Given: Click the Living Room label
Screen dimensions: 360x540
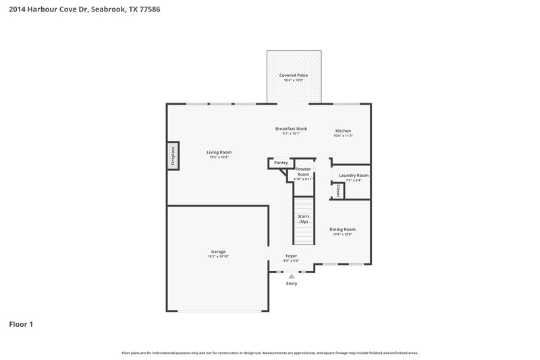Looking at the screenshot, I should click(219, 152).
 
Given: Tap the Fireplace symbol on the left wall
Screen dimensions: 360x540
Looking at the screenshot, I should click(173, 155).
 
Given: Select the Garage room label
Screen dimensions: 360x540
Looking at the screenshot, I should click(218, 252).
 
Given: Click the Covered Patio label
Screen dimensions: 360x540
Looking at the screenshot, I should click(293, 76).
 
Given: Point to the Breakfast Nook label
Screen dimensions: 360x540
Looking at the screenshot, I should click(291, 129).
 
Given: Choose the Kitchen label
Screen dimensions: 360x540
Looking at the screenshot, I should click(343, 131).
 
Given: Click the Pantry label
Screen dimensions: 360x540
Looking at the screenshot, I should click(281, 163).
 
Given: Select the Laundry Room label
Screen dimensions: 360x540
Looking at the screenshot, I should click(353, 176).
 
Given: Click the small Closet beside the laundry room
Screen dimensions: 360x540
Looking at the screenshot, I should click(338, 190).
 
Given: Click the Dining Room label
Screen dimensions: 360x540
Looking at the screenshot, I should click(342, 230).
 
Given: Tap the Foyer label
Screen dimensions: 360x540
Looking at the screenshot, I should click(291, 256).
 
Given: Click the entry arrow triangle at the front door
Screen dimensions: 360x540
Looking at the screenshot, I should click(292, 276).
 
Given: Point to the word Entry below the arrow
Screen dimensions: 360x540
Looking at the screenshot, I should click(292, 284).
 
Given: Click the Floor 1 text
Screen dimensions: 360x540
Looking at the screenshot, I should click(20, 324).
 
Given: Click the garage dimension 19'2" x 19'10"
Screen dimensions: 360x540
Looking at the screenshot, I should click(218, 257).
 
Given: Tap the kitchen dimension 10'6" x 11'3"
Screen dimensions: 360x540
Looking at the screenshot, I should click(343, 136).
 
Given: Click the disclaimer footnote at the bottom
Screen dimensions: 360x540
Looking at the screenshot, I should click(269, 353).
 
